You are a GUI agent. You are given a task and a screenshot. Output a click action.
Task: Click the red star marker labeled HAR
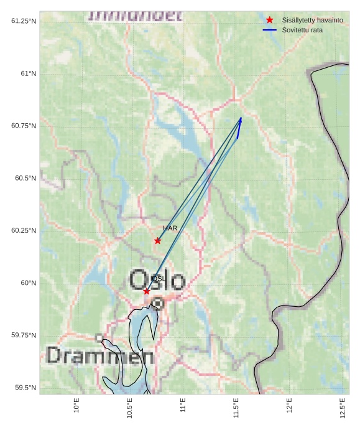(x=158, y=241)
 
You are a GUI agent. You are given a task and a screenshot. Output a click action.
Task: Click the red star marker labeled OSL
(x=147, y=291)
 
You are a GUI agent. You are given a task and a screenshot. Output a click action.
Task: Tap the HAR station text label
(x=170, y=228)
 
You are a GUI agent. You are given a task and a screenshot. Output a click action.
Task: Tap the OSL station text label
(x=158, y=279)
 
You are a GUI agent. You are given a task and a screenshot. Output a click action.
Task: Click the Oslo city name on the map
(x=157, y=281)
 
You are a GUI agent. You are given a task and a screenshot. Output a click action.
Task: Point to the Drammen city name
(x=100, y=357)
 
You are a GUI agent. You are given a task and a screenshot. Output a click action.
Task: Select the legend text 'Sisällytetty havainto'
(x=312, y=20)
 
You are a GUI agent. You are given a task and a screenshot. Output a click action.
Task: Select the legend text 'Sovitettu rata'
(x=302, y=30)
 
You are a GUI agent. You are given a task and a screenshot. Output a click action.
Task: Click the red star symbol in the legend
(x=270, y=20)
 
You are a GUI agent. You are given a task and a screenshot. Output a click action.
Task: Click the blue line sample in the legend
(x=270, y=30)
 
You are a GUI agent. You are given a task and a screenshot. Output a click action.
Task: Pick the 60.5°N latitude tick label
(x=24, y=178)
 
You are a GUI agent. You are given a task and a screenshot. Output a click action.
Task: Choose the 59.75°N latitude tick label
(x=24, y=335)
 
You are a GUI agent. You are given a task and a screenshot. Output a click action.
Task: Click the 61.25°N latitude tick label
(x=24, y=21)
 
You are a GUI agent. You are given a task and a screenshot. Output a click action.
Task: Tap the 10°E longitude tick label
(x=76, y=406)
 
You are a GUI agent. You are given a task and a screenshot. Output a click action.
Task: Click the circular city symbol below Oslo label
(x=158, y=304)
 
